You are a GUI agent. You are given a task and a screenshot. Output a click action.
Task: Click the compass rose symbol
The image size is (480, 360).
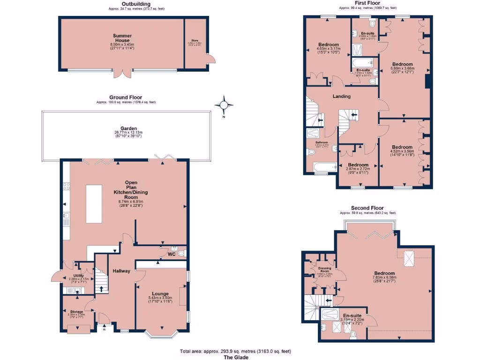tap(224, 105)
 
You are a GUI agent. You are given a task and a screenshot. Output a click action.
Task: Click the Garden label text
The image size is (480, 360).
tap(128, 128)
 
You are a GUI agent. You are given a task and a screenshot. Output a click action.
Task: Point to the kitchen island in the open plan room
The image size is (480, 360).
tap(94, 203)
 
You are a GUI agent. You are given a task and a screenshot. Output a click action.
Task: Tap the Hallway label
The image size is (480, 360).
tap(121, 271)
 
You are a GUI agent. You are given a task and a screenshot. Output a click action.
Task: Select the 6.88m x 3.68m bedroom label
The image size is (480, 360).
tap(402, 64)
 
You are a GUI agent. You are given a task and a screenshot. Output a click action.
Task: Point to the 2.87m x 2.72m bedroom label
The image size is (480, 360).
tap(358, 165)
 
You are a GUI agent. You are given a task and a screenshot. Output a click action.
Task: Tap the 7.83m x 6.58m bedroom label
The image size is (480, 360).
tap(384, 273)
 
